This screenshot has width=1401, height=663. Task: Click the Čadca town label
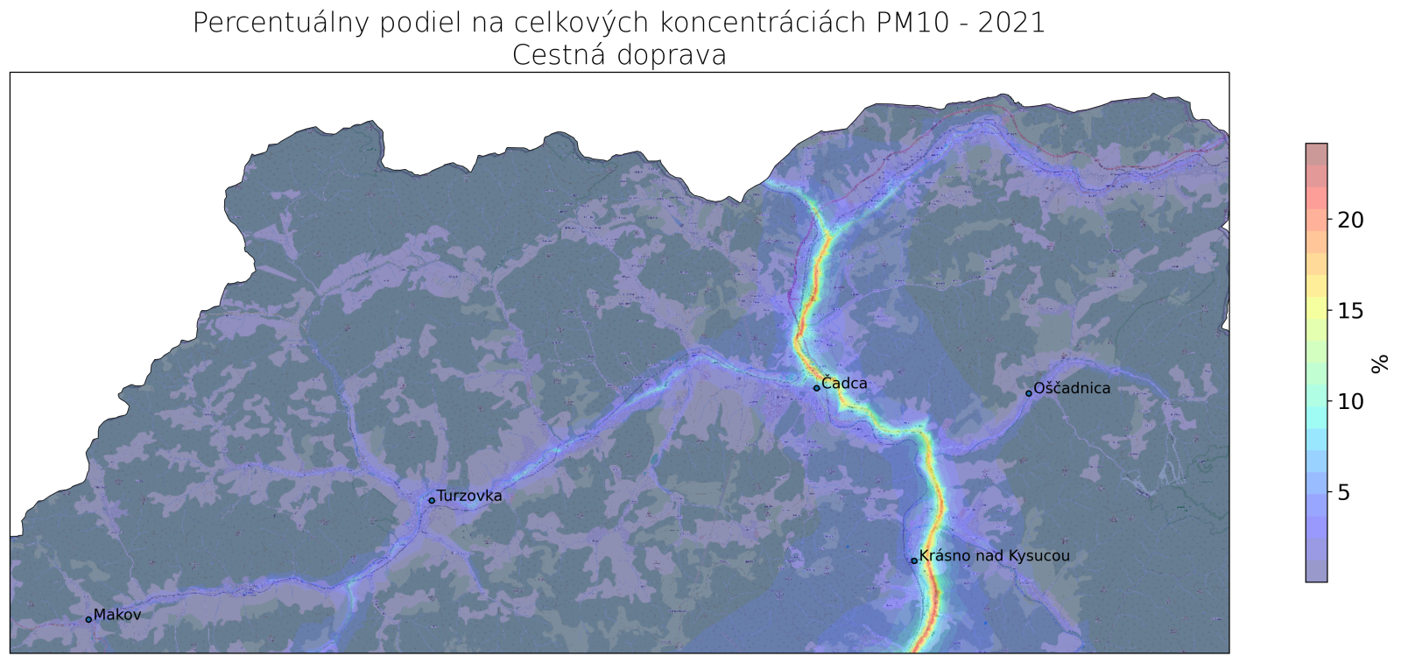pyautogui.click(x=845, y=384)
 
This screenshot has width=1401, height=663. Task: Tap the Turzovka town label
pyautogui.click(x=469, y=496)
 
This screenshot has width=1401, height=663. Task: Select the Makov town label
pyautogui.click(x=117, y=615)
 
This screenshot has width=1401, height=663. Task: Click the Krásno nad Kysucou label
pyautogui.click(x=995, y=556)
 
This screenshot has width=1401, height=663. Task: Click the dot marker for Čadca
pyautogui.click(x=816, y=388)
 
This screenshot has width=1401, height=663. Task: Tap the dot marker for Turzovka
pyautogui.click(x=432, y=501)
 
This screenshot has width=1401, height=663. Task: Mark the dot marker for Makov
pyautogui.click(x=88, y=619)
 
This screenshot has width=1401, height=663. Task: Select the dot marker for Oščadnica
pyautogui.click(x=1029, y=393)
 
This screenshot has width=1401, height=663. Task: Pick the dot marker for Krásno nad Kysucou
pyautogui.click(x=914, y=561)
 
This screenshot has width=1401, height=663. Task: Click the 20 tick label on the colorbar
pyautogui.click(x=1350, y=221)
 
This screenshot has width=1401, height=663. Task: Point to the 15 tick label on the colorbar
pyautogui.click(x=1350, y=311)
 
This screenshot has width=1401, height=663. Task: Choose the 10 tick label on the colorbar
pyautogui.click(x=1350, y=402)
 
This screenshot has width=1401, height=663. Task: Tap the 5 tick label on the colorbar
pyautogui.click(x=1345, y=493)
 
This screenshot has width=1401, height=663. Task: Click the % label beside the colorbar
pyautogui.click(x=1381, y=363)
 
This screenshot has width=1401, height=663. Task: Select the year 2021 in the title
pyautogui.click(x=1011, y=23)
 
